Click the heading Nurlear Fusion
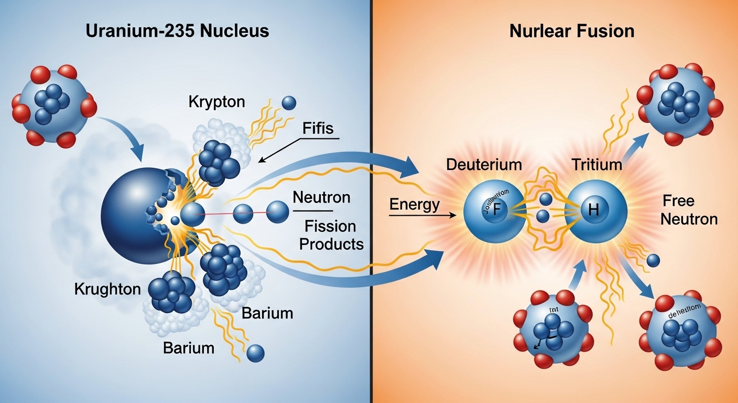pyautogui.click(x=572, y=31)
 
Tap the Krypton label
pyautogui.click(x=216, y=102)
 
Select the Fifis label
pyautogui.click(x=318, y=128)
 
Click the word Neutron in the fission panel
pyautogui.click(x=321, y=198)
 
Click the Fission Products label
pyautogui.click(x=330, y=235)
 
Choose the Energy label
pyautogui.click(x=414, y=205)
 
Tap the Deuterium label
pyautogui.click(x=484, y=164)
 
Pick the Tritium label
pyautogui.click(x=596, y=164)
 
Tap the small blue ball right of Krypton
pyautogui.click(x=289, y=103)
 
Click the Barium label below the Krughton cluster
pyautogui.click(x=188, y=347)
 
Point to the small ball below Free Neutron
pyautogui.click(x=653, y=260)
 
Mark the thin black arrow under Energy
pyautogui.click(x=422, y=215)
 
